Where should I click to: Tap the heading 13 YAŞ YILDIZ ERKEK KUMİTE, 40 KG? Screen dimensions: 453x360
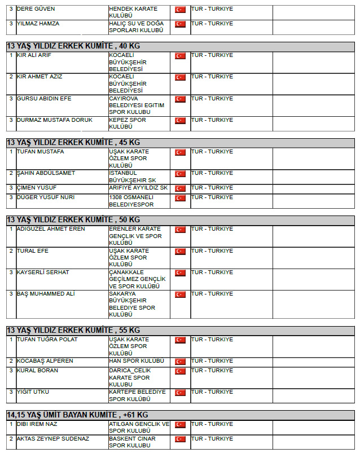pyautogui.click(x=73, y=46)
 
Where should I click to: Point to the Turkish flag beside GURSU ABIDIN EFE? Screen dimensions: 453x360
pyautogui.click(x=180, y=99)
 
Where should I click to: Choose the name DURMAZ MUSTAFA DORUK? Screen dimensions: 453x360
pyautogui.click(x=54, y=120)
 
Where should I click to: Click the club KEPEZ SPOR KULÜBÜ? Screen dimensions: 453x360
pyautogui.click(x=127, y=124)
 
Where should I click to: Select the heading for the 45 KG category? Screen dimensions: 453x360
pyautogui.click(x=73, y=142)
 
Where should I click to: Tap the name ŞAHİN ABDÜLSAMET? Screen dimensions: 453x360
pyautogui.click(x=46, y=173)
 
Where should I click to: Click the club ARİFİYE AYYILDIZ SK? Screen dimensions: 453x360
pyautogui.click(x=138, y=188)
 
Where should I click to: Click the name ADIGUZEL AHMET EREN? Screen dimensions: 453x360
pyautogui.click(x=51, y=229)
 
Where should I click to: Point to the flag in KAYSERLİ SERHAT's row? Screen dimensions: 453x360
pyautogui.click(x=180, y=273)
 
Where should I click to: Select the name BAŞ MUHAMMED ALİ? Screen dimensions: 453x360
pyautogui.click(x=46, y=294)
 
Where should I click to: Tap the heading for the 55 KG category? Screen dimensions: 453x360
pyautogui.click(x=73, y=330)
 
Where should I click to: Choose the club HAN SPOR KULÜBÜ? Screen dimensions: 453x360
pyautogui.click(x=137, y=361)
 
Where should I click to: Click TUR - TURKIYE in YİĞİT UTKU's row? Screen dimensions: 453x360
pyautogui.click(x=212, y=392)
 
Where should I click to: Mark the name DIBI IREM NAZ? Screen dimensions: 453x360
pyautogui.click(x=37, y=424)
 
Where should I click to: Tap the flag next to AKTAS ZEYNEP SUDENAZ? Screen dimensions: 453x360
pyautogui.click(x=180, y=439)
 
